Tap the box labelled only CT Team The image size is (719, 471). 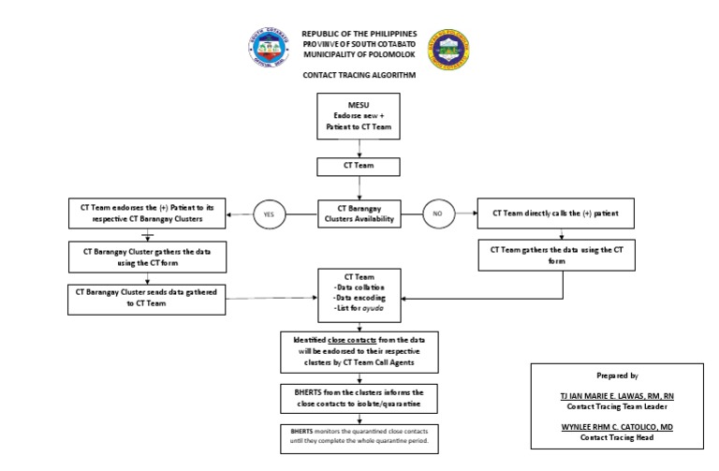[x=359, y=167]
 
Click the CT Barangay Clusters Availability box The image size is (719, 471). [x=359, y=214]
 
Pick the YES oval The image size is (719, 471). [x=269, y=214]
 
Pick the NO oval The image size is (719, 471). [x=436, y=214]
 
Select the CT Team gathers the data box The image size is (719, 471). [x=556, y=255]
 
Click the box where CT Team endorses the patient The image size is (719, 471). [x=148, y=213]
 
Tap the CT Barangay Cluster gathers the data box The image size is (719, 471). [x=148, y=256]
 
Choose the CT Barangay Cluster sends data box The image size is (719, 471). [x=147, y=298]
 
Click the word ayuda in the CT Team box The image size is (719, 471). [x=373, y=309]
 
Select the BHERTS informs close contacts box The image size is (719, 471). [x=359, y=397]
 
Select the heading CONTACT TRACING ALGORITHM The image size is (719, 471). [x=359, y=74]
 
